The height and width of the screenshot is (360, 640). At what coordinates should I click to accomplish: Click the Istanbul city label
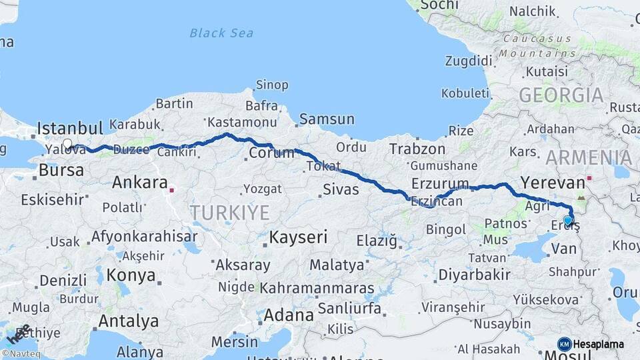(70, 127)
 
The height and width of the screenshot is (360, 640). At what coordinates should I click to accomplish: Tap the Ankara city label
(140, 182)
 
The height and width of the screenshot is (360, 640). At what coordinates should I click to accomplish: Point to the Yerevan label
(551, 181)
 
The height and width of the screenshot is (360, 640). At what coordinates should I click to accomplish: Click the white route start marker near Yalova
(67, 143)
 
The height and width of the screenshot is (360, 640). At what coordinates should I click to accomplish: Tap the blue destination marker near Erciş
(567, 220)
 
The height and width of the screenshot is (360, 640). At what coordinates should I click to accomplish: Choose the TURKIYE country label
(230, 213)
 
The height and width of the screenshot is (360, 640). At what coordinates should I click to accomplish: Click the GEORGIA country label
(561, 95)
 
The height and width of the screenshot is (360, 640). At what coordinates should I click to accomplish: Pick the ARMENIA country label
(589, 158)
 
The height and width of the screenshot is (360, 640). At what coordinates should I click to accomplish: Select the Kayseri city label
(298, 237)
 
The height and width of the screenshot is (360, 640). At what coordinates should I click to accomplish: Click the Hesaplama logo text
(599, 344)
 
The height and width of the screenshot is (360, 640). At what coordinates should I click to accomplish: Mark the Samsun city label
(327, 119)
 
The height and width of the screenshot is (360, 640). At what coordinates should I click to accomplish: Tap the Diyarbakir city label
(475, 274)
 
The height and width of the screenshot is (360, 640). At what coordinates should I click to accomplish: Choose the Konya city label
(131, 275)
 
